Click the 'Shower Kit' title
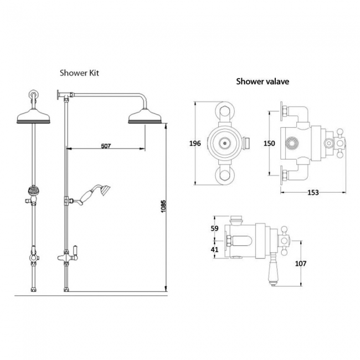point(80,73)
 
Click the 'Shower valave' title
point(262,81)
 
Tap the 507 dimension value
point(106,146)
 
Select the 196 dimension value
point(194,143)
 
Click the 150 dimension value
point(269,143)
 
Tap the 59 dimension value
point(216,228)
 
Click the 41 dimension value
point(216,249)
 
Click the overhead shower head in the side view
point(145,117)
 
